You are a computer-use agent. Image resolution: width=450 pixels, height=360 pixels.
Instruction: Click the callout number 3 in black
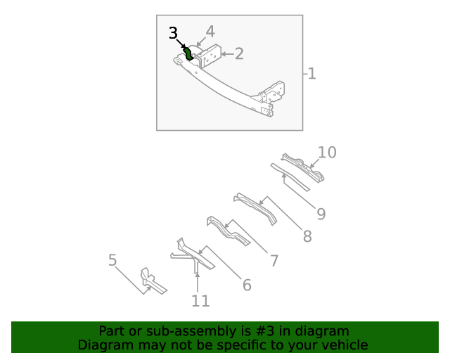click(174, 34)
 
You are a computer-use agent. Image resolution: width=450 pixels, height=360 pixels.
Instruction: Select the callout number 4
click(210, 32)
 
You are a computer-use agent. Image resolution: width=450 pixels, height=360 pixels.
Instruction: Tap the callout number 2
click(239, 53)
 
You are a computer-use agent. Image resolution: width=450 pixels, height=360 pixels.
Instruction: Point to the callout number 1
click(311, 73)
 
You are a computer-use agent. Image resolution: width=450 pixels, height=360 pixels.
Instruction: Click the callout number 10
click(327, 153)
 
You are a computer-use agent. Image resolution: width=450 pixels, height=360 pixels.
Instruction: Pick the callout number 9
click(320, 214)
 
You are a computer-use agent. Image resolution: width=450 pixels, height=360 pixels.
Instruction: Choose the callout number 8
click(307, 237)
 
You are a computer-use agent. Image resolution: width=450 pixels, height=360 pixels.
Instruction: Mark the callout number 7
click(274, 261)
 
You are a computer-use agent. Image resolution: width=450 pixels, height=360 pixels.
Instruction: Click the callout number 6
click(247, 285)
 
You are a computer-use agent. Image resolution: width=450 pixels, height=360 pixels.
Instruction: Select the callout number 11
click(200, 301)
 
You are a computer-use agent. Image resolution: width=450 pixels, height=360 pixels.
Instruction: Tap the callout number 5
click(112, 261)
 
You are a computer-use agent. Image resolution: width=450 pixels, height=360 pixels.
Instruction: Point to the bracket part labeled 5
click(150, 281)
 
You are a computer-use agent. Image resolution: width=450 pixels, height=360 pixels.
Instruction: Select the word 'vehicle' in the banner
click(343, 345)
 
